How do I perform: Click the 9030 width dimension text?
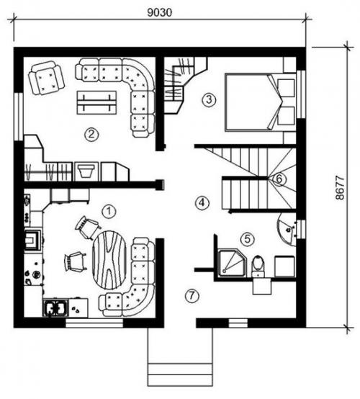pyautogui.click(x=160, y=12)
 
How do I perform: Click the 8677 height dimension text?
pyautogui.click(x=340, y=188)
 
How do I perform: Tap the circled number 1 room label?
pyautogui.click(x=109, y=211)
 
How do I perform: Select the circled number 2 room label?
pyautogui.click(x=91, y=134)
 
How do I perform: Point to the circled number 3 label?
pyautogui.click(x=209, y=99)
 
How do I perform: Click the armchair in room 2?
pyautogui.click(x=46, y=78)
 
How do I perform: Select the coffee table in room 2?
pyautogui.click(x=96, y=103)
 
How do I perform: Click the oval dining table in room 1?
pyautogui.click(x=109, y=260)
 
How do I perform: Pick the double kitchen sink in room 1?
pyautogui.click(x=55, y=308)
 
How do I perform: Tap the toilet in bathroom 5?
pyautogui.click(x=258, y=266)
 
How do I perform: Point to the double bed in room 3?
pyautogui.click(x=260, y=102)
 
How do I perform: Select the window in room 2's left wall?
pyautogui.click(x=19, y=117)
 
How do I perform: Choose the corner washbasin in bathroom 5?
pyautogui.click(x=287, y=230)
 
